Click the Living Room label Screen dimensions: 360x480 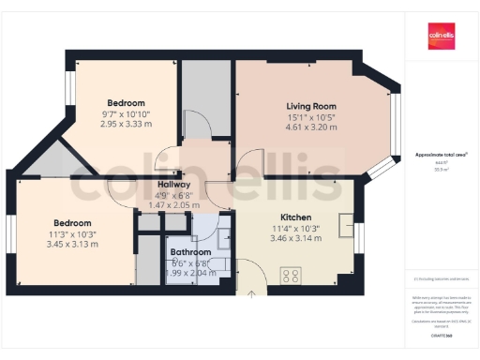click(x=310, y=107)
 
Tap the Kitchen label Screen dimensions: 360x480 click(x=282, y=217)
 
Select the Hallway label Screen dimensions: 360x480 click(x=174, y=185)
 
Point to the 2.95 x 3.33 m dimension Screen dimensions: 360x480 click(x=126, y=124)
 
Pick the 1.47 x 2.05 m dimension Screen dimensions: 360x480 click(x=174, y=204)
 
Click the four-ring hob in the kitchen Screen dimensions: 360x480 click(x=291, y=275)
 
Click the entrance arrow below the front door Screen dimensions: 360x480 click(x=251, y=293)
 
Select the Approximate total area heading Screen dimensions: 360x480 click(x=441, y=155)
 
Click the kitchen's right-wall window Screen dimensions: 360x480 click(x=359, y=232)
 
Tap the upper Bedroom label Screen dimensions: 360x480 click(x=126, y=102)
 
